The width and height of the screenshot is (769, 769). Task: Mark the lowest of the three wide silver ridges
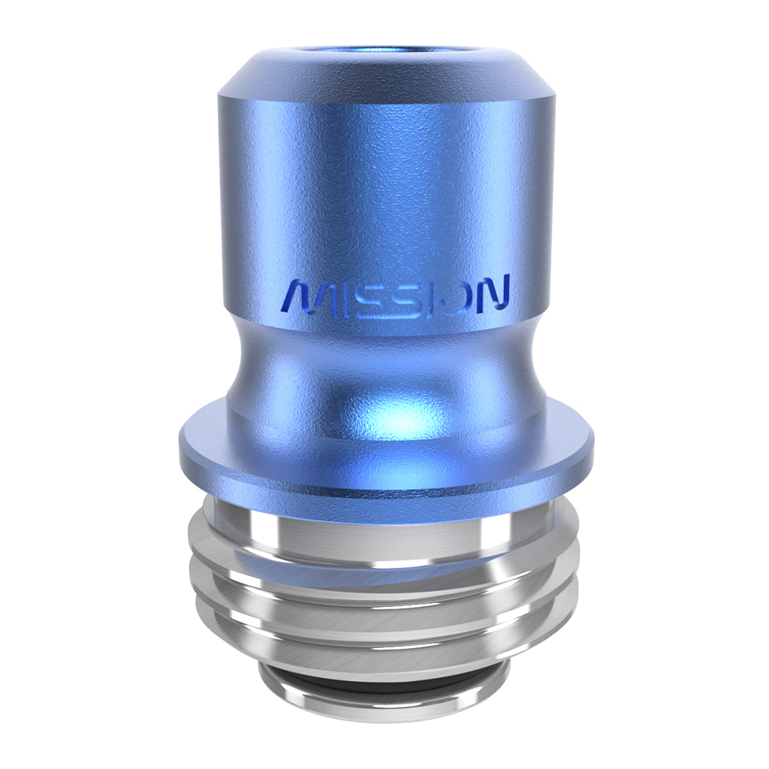384,647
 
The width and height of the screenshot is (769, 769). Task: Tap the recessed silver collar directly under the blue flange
384,516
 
